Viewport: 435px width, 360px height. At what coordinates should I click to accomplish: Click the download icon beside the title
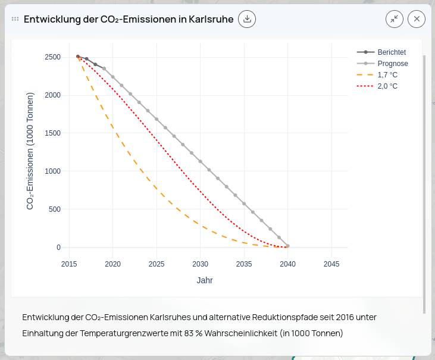pos(247,19)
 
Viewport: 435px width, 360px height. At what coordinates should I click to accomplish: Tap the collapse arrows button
pos(394,19)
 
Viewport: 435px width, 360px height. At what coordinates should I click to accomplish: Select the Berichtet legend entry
pos(391,52)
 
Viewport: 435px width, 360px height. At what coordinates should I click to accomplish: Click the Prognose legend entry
pos(392,64)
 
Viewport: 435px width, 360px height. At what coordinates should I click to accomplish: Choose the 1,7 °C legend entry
pos(387,75)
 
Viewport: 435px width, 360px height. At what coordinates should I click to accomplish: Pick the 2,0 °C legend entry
pos(387,86)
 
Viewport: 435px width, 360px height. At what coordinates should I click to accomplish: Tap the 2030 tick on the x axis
pos(201,264)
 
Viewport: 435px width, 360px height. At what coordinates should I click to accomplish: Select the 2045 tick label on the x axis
pos(331,264)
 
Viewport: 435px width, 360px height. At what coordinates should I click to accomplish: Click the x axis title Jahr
pos(205,280)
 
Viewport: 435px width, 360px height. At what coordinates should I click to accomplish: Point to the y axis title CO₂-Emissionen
pos(30,151)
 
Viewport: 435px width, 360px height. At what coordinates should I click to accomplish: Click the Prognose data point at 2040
pos(288,246)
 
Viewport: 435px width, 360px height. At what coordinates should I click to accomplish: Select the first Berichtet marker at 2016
pos(78,57)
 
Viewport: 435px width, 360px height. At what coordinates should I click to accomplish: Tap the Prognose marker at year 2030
pos(201,161)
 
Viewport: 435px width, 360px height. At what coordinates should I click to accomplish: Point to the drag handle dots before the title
pos(15,19)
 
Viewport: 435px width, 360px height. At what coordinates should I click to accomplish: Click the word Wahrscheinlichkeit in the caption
pos(240,333)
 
